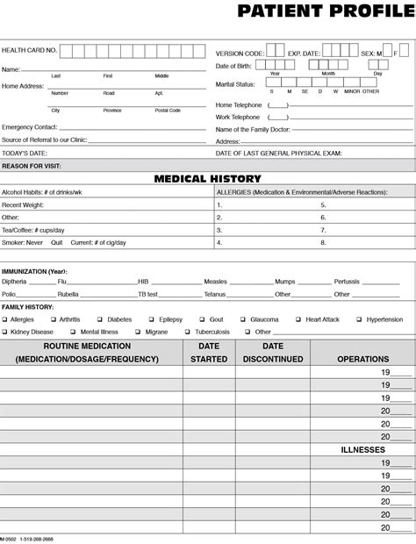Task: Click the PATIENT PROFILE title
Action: pos(326,11)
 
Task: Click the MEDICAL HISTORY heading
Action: pos(207,178)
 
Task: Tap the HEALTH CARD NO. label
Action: pos(29,51)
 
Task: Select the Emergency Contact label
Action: pos(30,127)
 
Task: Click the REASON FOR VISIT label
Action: pos(32,165)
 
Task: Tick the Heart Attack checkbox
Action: pos(299,320)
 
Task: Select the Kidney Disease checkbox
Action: pos(4,333)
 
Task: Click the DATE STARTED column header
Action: pos(209,353)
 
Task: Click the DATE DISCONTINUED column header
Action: pos(273,353)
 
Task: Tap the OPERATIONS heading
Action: pos(362,359)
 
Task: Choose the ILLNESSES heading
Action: pos(362,449)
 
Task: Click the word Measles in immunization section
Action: pos(215,282)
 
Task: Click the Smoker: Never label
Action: pos(23,242)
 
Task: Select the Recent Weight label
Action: pos(24,204)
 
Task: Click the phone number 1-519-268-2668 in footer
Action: pos(36,539)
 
